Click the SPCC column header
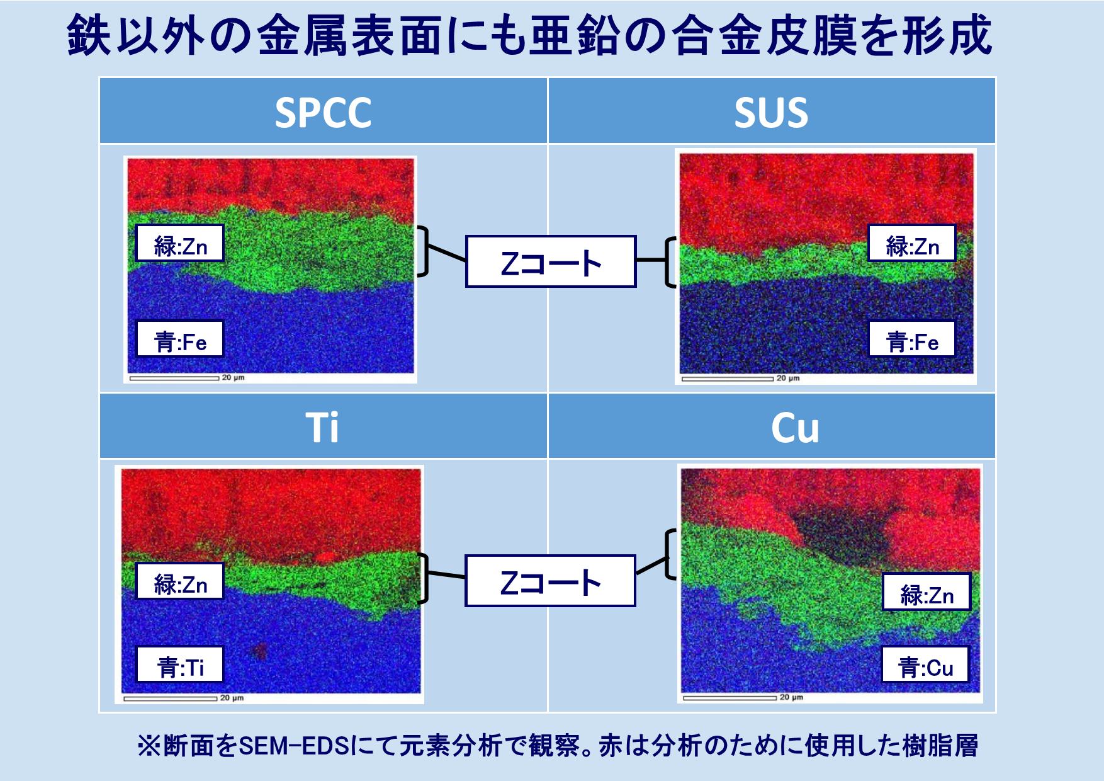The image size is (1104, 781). tap(323, 112)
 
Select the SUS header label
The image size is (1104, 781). tap(771, 112)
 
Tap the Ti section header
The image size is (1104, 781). tap(322, 428)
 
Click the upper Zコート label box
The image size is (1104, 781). tap(551, 261)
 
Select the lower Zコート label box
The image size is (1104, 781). tap(550, 581)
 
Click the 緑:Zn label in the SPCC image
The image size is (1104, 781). tap(180, 243)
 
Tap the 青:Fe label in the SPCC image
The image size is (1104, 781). tap(180, 339)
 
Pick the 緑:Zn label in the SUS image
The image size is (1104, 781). tap(911, 243)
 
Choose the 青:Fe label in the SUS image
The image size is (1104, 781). tap(912, 339)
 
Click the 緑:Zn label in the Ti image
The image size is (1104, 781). tap(180, 581)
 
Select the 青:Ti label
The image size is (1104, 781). tap(180, 664)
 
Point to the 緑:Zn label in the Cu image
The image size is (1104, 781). tap(927, 592)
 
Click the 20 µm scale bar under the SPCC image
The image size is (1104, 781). tap(174, 379)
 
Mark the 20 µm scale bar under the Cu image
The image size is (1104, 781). tap(729, 698)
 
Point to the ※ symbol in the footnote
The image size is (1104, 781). tap(150, 746)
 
